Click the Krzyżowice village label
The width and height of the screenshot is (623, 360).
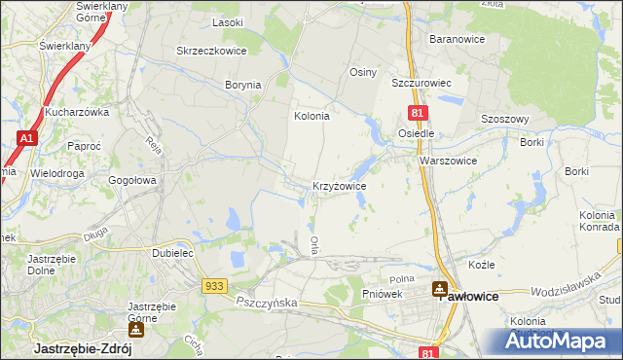[339, 185]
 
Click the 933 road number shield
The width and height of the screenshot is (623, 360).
[216, 285]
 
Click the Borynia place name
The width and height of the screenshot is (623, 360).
[243, 85]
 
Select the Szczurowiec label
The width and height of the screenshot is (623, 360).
[424, 84]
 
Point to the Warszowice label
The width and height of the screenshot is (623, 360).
[448, 161]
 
